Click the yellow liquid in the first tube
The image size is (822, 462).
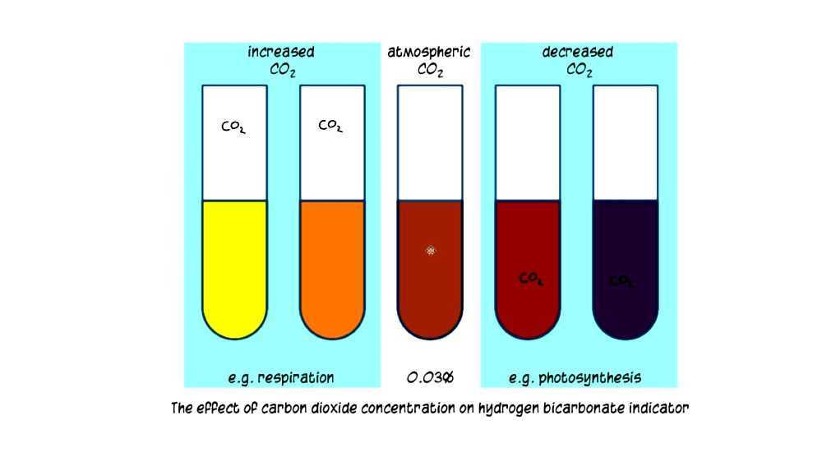click(234, 263)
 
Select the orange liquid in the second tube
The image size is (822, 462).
click(331, 263)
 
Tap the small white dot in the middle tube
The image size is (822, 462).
click(431, 250)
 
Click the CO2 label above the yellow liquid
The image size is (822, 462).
click(233, 127)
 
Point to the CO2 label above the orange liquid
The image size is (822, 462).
click(330, 127)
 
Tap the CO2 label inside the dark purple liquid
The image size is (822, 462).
click(621, 281)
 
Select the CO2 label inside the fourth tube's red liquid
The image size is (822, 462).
click(531, 280)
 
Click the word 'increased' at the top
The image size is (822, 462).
click(281, 53)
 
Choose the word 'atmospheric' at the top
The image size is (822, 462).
click(429, 53)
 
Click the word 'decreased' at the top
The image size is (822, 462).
click(578, 53)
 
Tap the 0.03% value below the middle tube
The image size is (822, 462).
click(430, 378)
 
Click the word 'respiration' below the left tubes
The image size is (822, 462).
click(296, 378)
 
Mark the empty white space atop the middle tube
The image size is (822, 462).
click(430, 140)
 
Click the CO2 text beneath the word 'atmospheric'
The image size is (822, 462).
click(430, 71)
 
